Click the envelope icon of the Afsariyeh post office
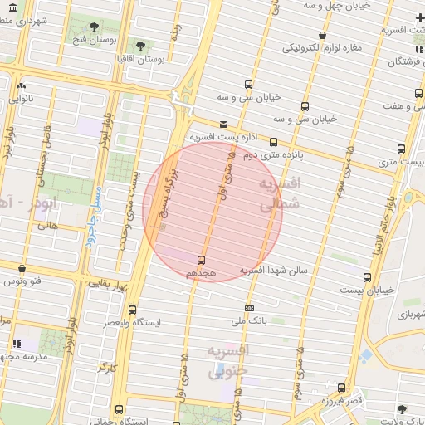(222, 125)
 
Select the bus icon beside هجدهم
(202, 260)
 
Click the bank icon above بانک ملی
(249, 308)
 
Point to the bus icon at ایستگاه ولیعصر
(132, 310)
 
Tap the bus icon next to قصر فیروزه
(341, 388)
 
